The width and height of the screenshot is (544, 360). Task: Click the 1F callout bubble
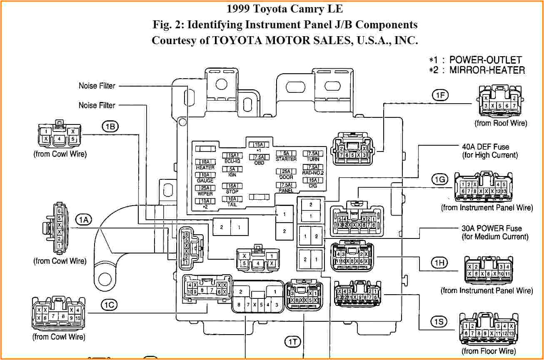(x=440, y=95)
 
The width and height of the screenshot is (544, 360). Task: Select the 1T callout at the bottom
(x=292, y=342)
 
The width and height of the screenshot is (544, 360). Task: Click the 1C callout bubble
(x=110, y=305)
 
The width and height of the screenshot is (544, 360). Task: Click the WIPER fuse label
(x=205, y=194)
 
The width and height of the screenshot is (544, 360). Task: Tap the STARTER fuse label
(x=286, y=159)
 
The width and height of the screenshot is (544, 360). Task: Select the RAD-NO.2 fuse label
(x=313, y=172)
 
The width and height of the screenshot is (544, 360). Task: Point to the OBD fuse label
(x=259, y=162)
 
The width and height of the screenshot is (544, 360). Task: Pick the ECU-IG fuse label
(x=232, y=161)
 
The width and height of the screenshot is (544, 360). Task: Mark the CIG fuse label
(x=313, y=186)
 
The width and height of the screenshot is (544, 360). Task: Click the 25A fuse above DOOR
(x=286, y=171)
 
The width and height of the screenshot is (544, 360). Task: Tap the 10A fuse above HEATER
(x=205, y=162)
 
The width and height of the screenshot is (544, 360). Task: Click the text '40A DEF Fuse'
(x=485, y=147)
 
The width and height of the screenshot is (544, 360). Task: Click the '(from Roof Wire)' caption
(x=501, y=123)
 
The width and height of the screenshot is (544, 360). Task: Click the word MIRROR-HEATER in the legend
(x=487, y=70)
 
